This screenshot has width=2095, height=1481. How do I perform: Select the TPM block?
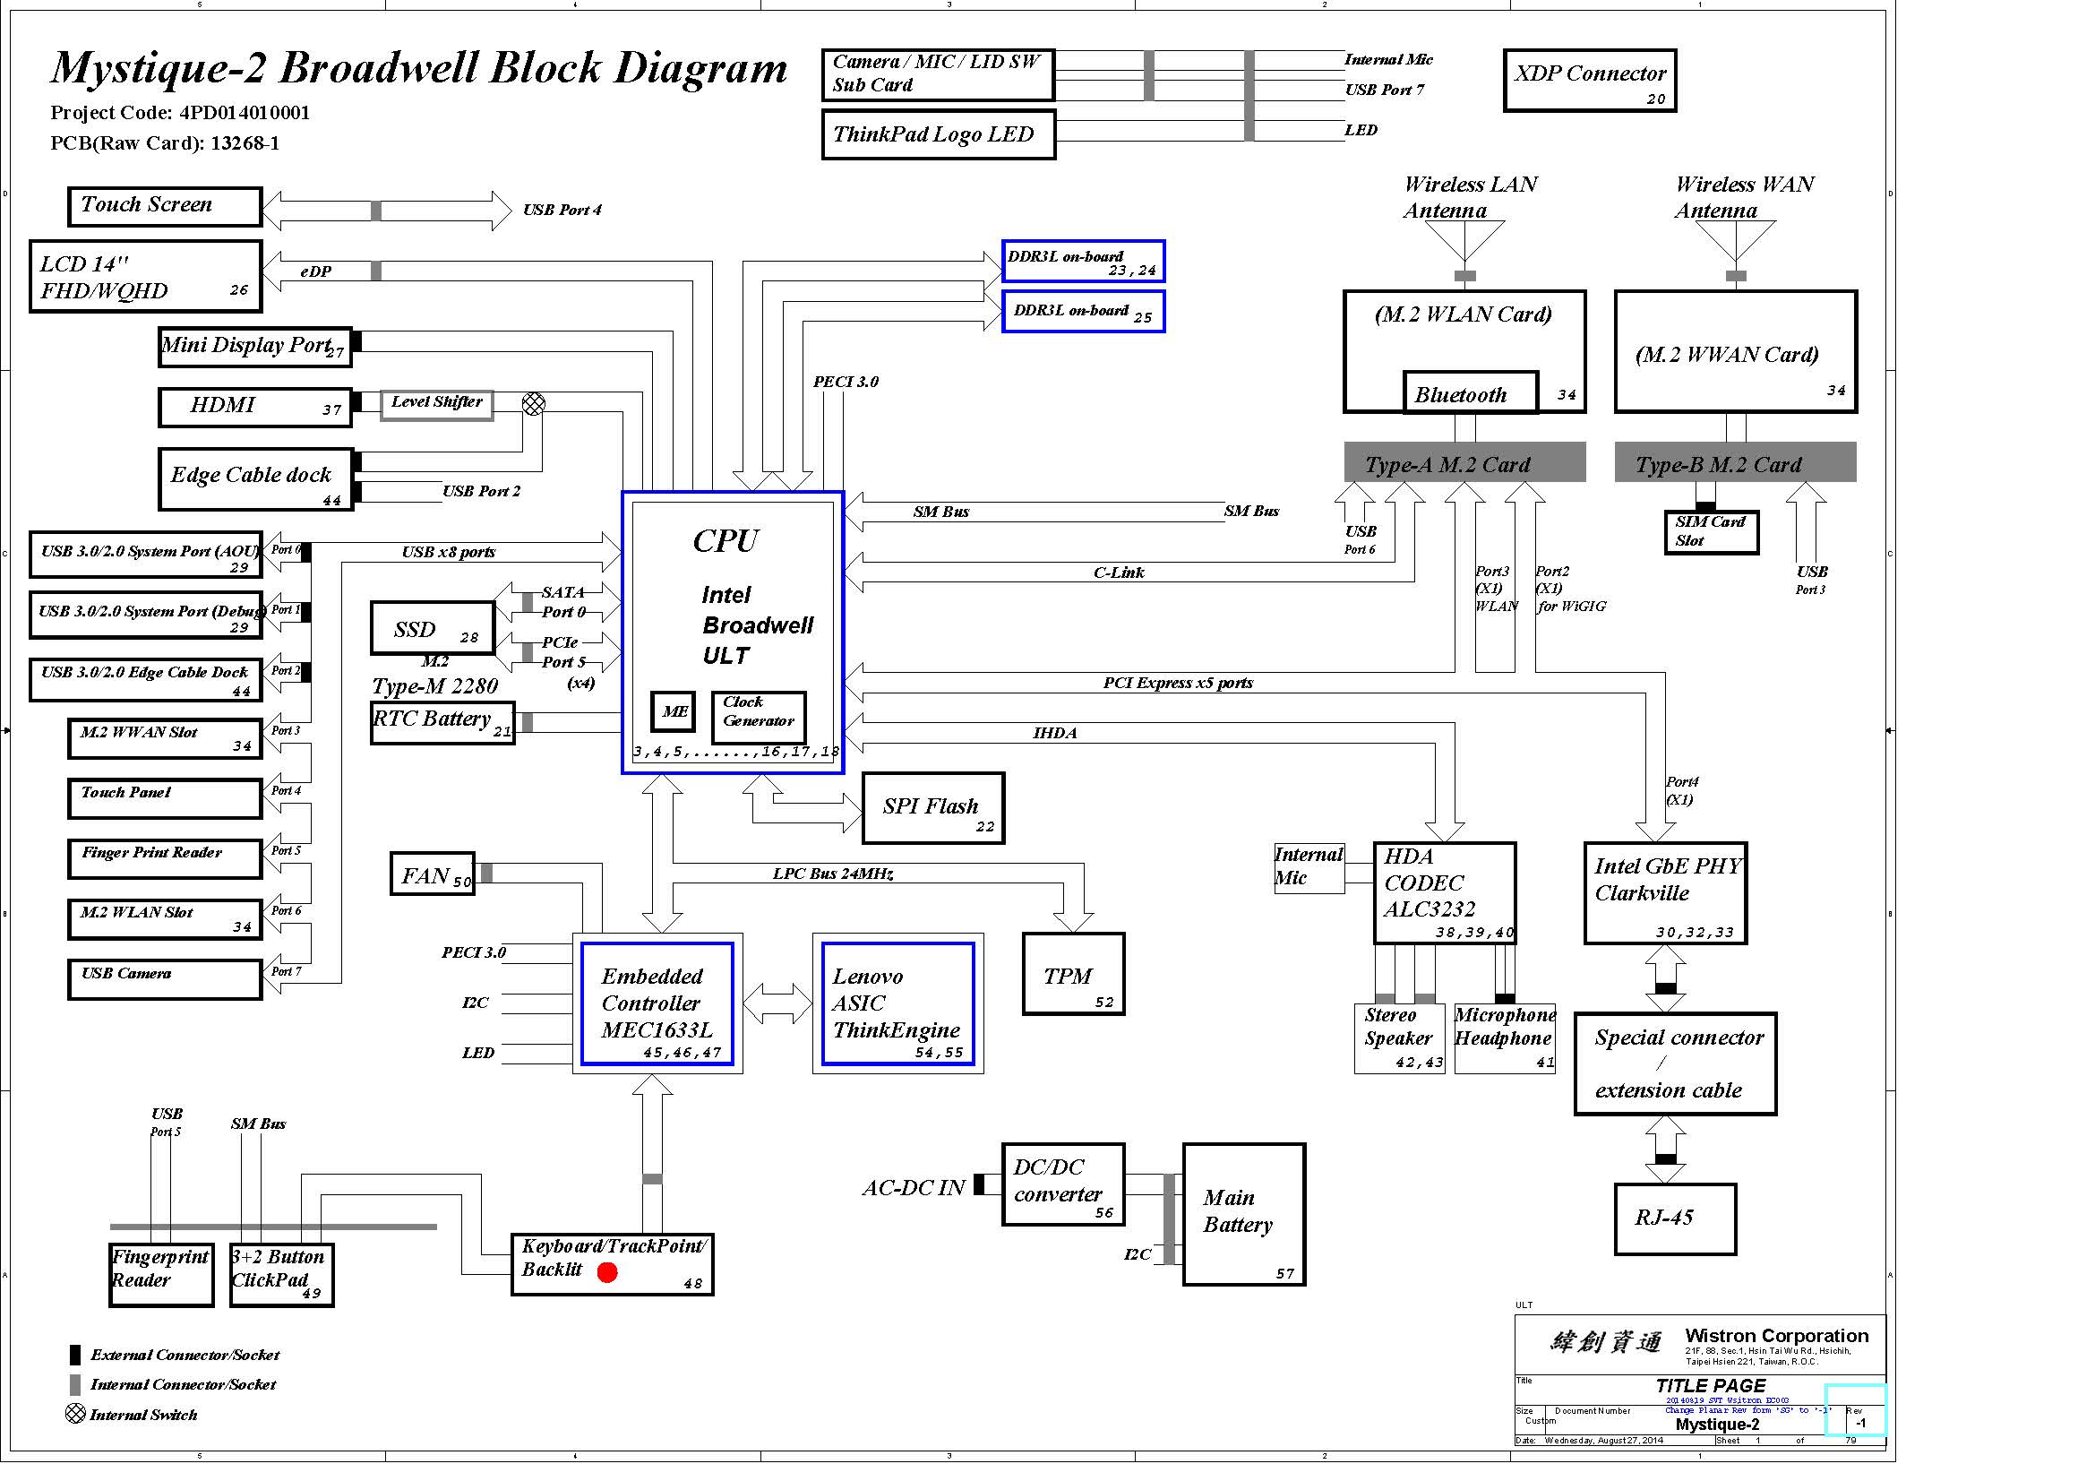1073,974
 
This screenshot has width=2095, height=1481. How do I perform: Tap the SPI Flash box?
932,807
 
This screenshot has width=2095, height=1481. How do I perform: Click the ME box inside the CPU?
674,710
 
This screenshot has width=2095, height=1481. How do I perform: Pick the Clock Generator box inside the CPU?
759,717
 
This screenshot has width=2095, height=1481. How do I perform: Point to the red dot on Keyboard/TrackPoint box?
606,1272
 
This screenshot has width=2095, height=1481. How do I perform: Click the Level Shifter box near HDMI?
436,403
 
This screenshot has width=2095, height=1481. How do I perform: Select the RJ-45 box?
1674,1219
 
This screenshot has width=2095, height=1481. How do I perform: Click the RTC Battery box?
442,723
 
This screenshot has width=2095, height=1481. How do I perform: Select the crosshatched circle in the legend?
76,1414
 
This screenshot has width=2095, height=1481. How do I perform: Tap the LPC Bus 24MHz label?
832,874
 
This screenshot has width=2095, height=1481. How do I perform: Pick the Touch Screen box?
164,206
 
